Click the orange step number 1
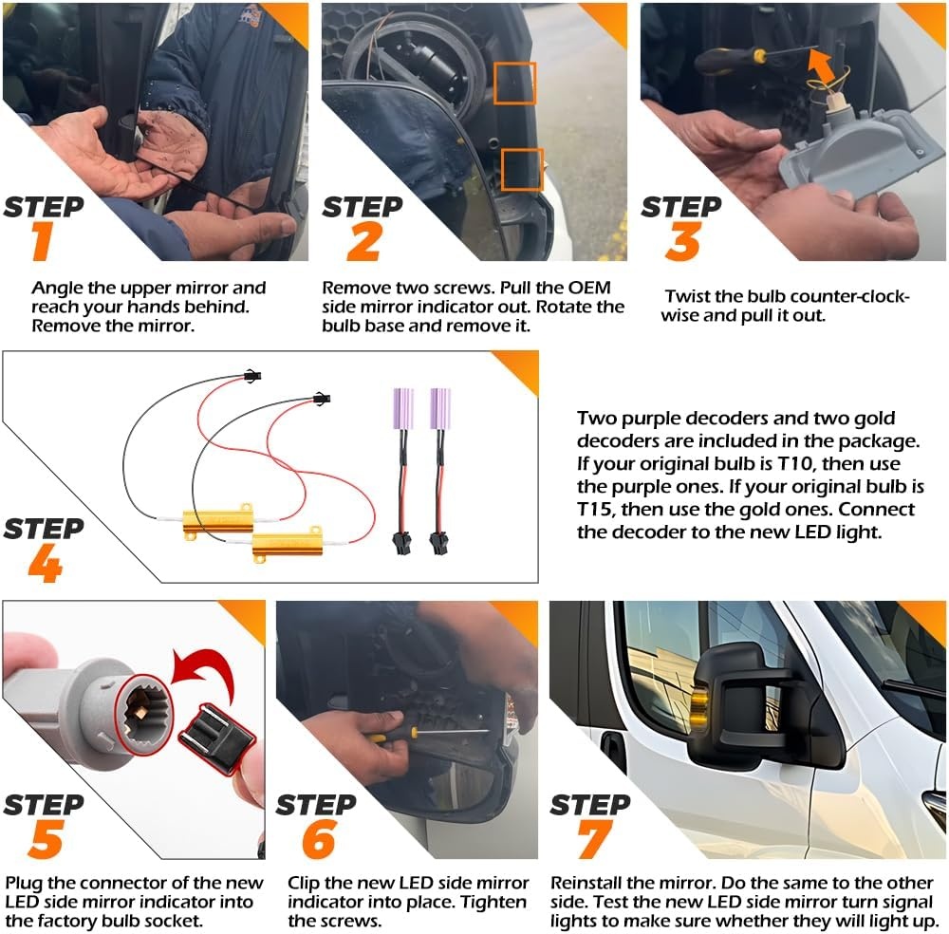(x=42, y=241)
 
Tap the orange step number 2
(x=363, y=241)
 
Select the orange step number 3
(x=682, y=241)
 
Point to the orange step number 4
(x=46, y=563)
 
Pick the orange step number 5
(x=46, y=839)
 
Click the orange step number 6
(x=319, y=839)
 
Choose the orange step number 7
(x=594, y=839)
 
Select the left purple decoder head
(x=403, y=408)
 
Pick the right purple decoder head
(x=440, y=408)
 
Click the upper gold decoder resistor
(x=218, y=520)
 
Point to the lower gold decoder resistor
(x=288, y=543)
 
